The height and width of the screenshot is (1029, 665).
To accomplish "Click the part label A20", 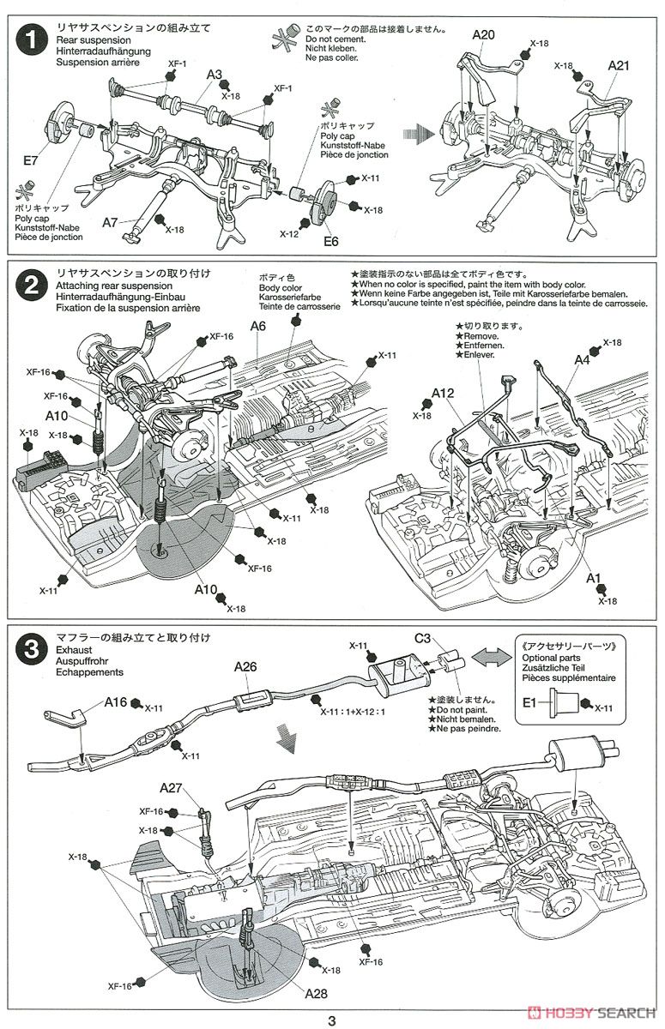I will (484, 35).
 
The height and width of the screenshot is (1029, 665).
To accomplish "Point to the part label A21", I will (620, 65).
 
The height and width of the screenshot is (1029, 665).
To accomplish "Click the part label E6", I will (331, 241).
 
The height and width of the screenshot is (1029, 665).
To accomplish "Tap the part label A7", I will (110, 222).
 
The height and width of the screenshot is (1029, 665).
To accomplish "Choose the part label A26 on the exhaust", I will (246, 665).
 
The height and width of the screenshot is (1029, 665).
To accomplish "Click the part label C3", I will (422, 638).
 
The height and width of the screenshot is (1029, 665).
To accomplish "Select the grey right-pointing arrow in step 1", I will (420, 134).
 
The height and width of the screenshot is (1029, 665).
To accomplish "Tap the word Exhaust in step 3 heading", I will (76, 650).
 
